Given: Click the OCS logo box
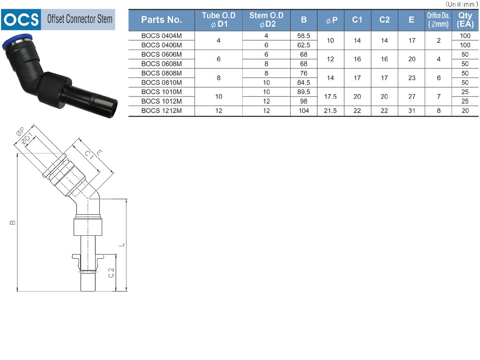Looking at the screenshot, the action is pyautogui.click(x=21, y=20).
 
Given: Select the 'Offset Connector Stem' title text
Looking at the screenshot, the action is pyautogui.click(x=80, y=19).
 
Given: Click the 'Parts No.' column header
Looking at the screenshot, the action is pyautogui.click(x=162, y=20).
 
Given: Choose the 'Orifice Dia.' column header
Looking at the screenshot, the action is pyautogui.click(x=438, y=20).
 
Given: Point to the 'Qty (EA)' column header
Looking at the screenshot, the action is pyautogui.click(x=465, y=20).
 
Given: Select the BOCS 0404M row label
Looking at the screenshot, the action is pyautogui.click(x=162, y=36).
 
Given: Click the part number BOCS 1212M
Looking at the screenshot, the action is pyautogui.click(x=162, y=111).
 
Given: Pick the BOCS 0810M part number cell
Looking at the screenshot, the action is pyautogui.click(x=162, y=82).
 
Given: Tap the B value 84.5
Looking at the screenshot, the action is pyautogui.click(x=304, y=82).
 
